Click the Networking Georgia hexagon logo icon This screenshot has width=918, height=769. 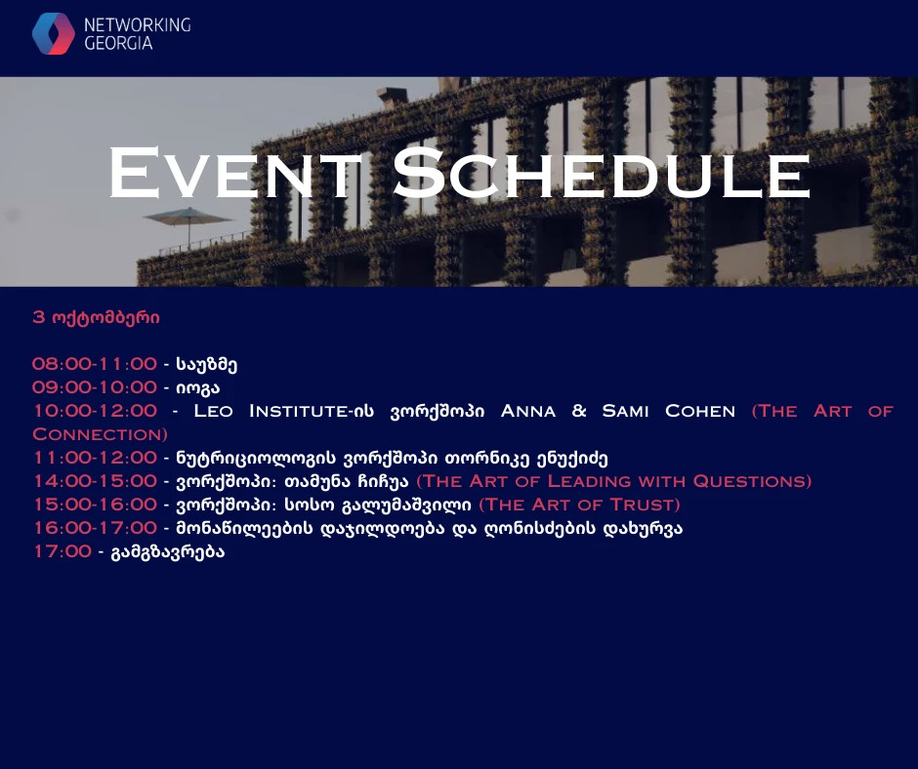54,34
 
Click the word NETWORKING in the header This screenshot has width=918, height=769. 138,24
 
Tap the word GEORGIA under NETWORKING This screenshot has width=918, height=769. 118,43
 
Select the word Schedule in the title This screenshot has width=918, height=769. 602,174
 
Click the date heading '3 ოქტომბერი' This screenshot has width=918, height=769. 96,318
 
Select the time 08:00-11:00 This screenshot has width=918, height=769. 95,364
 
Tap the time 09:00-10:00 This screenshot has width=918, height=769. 95,387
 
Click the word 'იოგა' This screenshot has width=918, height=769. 198,388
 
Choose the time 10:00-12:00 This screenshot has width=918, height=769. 95,411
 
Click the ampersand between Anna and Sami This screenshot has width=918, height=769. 579,411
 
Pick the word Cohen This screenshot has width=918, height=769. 700,411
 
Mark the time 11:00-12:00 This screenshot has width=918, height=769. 95,458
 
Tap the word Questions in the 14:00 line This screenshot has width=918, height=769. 752,481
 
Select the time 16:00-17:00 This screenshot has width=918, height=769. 95,528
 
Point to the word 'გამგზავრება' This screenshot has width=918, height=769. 168,552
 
